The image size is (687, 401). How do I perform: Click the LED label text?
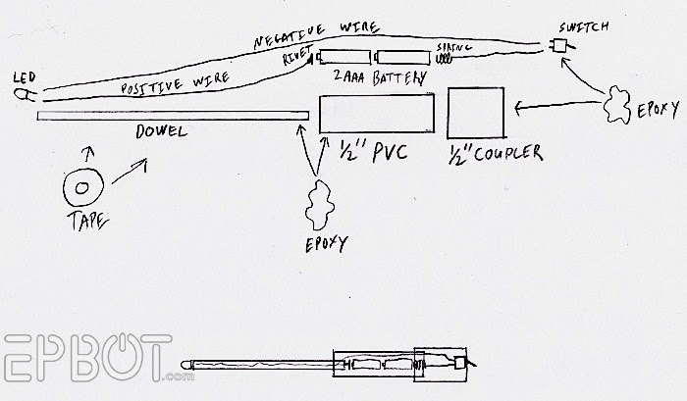[x=25, y=77]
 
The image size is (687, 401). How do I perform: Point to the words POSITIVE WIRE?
[x=175, y=82]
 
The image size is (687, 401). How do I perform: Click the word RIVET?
[x=297, y=55]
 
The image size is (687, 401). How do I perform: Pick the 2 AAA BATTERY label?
[x=380, y=77]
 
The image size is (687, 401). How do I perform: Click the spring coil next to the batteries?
[x=444, y=58]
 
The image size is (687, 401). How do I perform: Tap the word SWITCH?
[x=584, y=27]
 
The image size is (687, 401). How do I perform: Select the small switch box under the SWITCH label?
[x=558, y=45]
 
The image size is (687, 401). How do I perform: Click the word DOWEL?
[x=161, y=131]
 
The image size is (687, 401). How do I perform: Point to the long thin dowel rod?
[x=173, y=116]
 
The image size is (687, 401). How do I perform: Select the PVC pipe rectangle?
[x=377, y=113]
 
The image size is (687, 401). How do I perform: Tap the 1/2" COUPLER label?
[x=495, y=153]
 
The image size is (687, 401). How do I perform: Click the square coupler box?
[x=476, y=113]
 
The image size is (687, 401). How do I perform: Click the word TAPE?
[x=87, y=221]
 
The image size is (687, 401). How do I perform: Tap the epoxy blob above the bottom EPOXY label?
[x=319, y=204]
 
